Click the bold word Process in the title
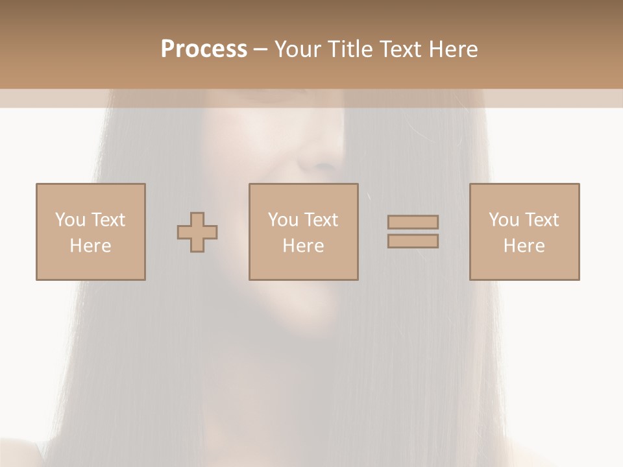(204, 49)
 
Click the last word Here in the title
(452, 49)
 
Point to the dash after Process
(260, 50)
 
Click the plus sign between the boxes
(197, 232)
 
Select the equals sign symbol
(413, 232)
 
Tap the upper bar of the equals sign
(413, 222)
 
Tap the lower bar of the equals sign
(413, 241)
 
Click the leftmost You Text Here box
(90, 232)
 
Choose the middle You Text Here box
(303, 232)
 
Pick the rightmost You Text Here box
(524, 232)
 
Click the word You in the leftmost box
(70, 220)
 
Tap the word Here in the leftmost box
(90, 246)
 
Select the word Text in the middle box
(321, 220)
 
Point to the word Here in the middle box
(303, 246)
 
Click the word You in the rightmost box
(504, 220)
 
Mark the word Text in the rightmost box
(542, 220)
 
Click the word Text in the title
(398, 49)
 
